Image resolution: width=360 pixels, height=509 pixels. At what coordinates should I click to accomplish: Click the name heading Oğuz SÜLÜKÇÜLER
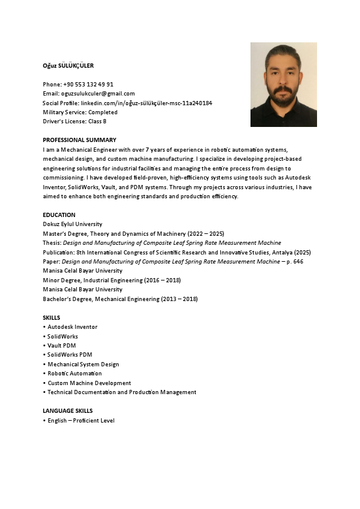[x=68, y=65]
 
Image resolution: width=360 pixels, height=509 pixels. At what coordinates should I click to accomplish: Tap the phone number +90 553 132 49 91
[x=88, y=84]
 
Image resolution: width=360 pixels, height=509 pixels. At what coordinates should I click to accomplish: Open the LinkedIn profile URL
[x=146, y=103]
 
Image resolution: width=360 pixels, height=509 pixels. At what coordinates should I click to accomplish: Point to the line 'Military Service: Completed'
[x=80, y=112]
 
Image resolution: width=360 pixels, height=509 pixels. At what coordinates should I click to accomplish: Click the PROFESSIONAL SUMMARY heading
[x=79, y=140]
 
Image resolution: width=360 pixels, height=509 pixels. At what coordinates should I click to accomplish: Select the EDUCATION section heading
[x=59, y=215]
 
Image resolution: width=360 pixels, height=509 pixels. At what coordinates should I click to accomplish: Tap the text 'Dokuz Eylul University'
[x=73, y=224]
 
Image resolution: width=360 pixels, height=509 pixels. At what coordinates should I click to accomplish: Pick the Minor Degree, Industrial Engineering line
[x=111, y=280]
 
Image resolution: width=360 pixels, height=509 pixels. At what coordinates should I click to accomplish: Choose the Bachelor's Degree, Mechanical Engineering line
[x=120, y=299]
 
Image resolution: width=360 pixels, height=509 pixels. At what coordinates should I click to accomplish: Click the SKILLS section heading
[x=51, y=317]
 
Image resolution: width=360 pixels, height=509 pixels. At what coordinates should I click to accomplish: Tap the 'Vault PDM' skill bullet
[x=62, y=346]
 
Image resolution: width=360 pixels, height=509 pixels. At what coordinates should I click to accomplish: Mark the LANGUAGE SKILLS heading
[x=68, y=411]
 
